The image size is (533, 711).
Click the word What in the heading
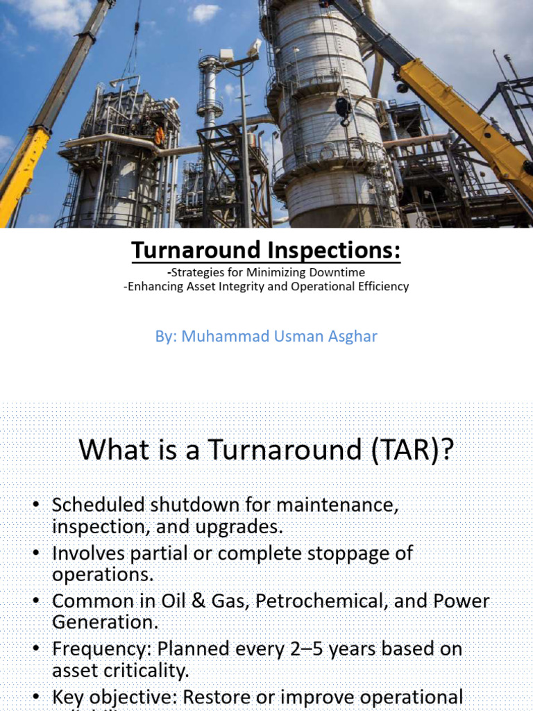(x=105, y=450)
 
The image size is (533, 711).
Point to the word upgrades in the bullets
(x=240, y=526)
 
